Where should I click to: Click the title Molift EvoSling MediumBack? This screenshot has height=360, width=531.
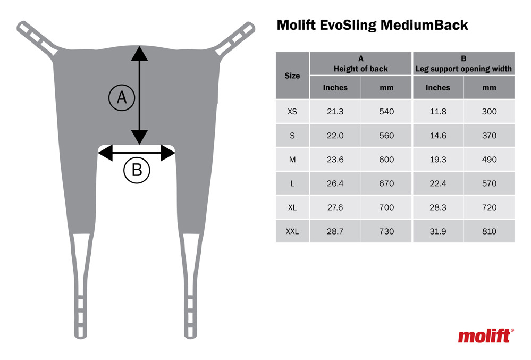pyautogui.click(x=372, y=25)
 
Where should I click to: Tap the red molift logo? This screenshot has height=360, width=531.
pyautogui.click(x=485, y=336)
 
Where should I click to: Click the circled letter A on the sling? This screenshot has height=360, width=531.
pyautogui.click(x=122, y=98)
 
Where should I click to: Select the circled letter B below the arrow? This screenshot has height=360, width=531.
pyautogui.click(x=137, y=171)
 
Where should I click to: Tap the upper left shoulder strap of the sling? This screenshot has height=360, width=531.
pyautogui.click(x=38, y=38)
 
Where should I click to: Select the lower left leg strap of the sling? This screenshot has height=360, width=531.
pyautogui.click(x=80, y=287)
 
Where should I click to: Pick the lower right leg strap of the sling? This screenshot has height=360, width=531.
pyautogui.click(x=191, y=287)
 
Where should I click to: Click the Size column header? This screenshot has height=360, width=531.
pyautogui.click(x=292, y=76)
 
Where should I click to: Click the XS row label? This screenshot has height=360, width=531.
pyautogui.click(x=292, y=112)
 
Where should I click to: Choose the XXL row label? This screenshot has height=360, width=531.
pyautogui.click(x=292, y=231)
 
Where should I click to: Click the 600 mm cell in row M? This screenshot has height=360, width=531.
pyautogui.click(x=386, y=160)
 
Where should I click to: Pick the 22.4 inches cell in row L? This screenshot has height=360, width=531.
pyautogui.click(x=437, y=183)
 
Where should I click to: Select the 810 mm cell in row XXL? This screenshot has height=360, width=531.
pyautogui.click(x=489, y=231)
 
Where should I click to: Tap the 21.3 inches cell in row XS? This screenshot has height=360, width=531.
pyautogui.click(x=335, y=112)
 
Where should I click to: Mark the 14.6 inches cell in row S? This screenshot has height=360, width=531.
pyautogui.click(x=437, y=136)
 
